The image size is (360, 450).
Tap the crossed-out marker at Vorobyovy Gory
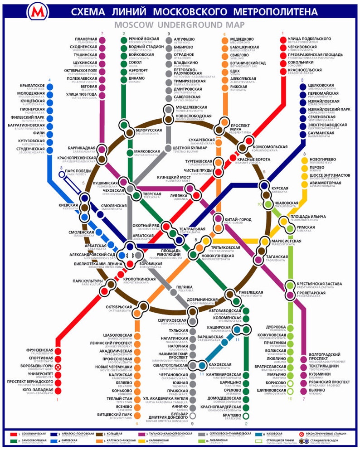pyautogui.click(x=58, y=367)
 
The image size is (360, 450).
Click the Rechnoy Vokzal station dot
pyautogui.click(x=124, y=40)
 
